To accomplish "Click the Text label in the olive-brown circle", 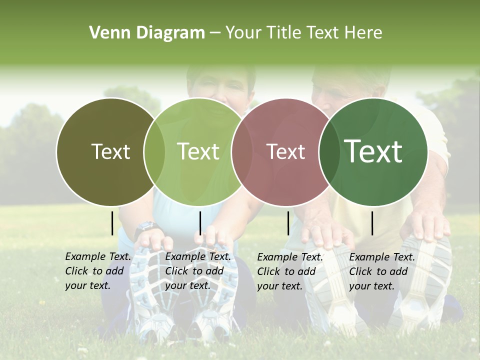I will tap(110, 151).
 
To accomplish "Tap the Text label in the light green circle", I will tap(198, 151).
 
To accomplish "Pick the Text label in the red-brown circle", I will tap(285, 152).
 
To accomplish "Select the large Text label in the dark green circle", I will tap(373, 151).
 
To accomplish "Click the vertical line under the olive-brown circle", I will tap(112, 223).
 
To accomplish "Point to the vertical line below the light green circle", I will tap(200, 223).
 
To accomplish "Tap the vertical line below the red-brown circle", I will tap(288, 223).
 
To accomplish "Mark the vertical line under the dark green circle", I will tap(372, 223).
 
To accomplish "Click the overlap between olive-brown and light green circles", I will tap(154, 151).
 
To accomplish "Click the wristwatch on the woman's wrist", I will tap(145, 228).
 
